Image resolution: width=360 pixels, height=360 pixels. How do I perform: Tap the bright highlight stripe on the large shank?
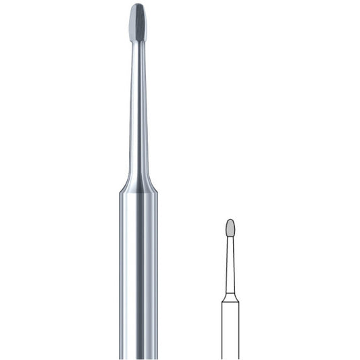click(128, 270)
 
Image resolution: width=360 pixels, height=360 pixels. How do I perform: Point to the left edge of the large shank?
click(120, 270)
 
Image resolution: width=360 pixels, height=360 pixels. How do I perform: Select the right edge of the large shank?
click(158, 270)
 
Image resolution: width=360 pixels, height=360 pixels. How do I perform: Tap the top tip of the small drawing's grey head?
click(230, 219)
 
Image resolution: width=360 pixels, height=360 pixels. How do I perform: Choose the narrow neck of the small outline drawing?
click(230, 263)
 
